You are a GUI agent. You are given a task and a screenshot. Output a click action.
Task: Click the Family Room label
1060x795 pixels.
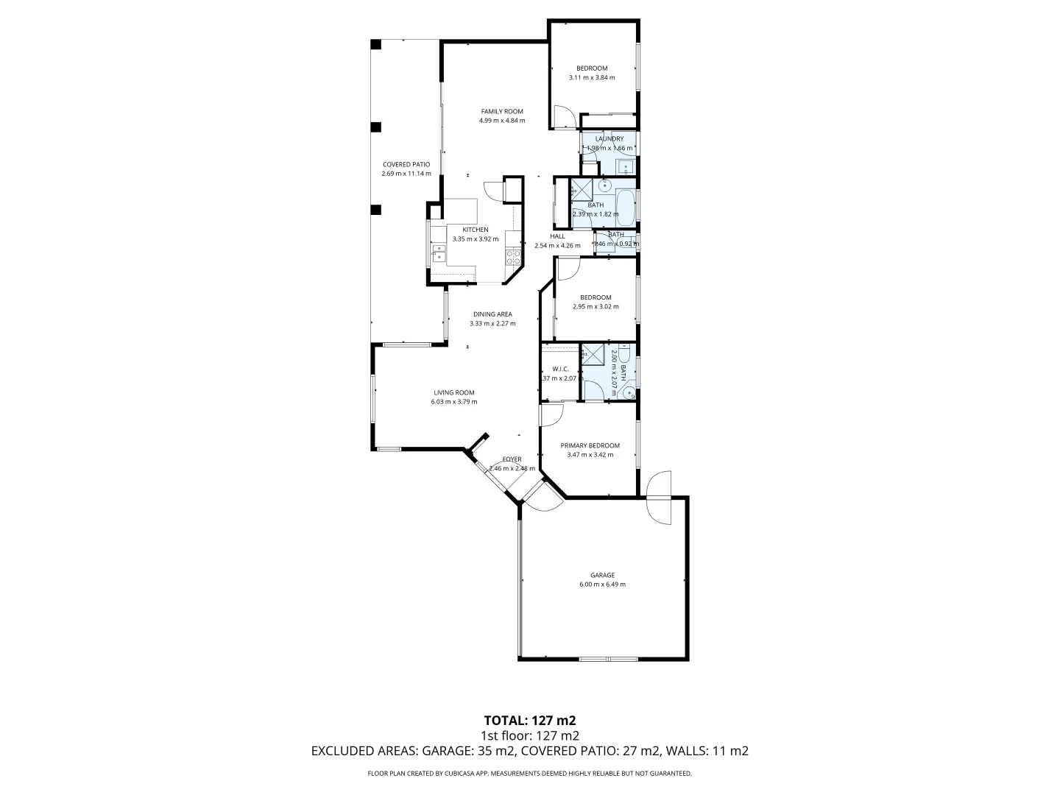point(501,111)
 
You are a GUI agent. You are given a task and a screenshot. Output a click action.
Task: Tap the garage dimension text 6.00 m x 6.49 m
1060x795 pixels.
point(602,584)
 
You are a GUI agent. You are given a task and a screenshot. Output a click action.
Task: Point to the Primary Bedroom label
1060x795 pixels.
point(590,445)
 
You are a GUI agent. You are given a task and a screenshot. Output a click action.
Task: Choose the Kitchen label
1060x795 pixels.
point(475,230)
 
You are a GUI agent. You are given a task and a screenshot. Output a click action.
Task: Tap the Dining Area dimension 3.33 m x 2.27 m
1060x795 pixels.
point(492,323)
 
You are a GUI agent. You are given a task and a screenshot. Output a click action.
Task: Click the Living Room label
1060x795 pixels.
point(453,392)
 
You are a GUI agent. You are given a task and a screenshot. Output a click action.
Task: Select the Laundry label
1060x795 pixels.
point(609,138)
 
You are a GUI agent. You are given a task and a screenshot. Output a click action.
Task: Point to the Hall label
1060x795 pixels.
point(557,236)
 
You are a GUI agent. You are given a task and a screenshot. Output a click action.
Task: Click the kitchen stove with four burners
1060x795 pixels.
point(513,257)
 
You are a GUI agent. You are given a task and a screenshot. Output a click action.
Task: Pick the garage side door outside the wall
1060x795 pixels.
point(659,498)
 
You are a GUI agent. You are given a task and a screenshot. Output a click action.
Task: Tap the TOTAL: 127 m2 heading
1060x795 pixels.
point(529,720)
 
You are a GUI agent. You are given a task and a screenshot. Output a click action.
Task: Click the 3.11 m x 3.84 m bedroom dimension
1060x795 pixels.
point(591,77)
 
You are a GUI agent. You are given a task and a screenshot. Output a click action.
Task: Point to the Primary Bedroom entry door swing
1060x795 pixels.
point(551,414)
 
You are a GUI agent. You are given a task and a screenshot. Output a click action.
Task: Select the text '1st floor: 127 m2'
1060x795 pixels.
point(529,735)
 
